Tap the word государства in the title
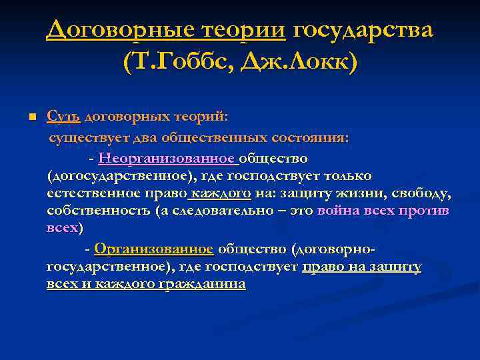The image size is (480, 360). coord(363,29)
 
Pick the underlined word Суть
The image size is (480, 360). coord(63,117)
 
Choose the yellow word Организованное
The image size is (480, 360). coord(154,249)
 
